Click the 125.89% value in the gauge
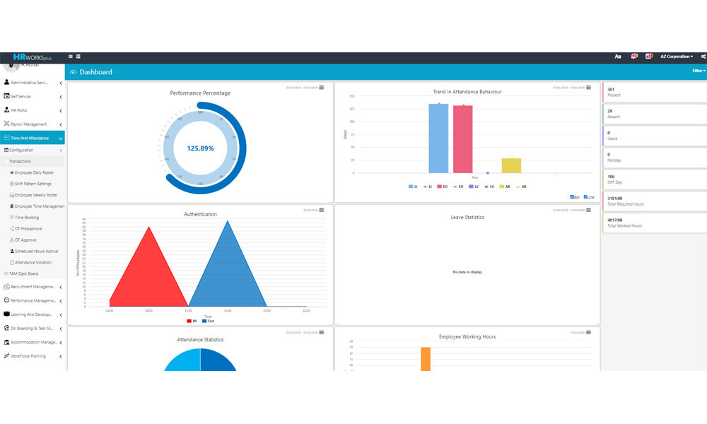click(200, 148)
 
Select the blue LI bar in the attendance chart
click(438, 139)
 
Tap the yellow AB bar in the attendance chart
click(511, 165)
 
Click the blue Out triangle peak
click(227, 223)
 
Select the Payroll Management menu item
click(29, 124)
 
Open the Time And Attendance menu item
click(30, 138)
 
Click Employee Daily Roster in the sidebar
click(34, 172)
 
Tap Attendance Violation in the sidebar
click(33, 262)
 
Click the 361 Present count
click(611, 90)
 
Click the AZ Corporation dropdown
click(676, 57)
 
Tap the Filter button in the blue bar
click(698, 71)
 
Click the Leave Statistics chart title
click(467, 217)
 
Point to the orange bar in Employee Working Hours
click(426, 359)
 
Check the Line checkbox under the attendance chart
click(585, 197)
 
